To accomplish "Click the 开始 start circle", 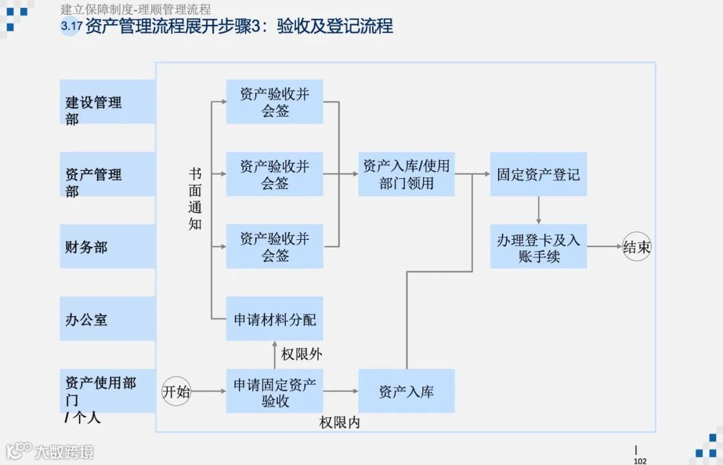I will [x=177, y=391].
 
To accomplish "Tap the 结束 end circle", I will [x=637, y=247].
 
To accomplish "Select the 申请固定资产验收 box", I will [x=274, y=391].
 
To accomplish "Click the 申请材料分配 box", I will [x=274, y=319].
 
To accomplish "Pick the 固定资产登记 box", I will [x=538, y=174].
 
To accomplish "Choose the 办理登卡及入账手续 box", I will [x=538, y=247].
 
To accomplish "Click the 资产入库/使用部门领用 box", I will [x=406, y=174].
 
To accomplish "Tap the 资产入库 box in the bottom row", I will [x=406, y=391].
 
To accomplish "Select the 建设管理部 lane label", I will [x=94, y=109].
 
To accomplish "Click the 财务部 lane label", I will [x=86, y=247].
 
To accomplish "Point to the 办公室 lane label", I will [x=86, y=319].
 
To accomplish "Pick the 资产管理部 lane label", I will [x=94, y=182].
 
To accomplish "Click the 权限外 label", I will [x=301, y=354].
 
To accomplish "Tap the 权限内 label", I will [x=339, y=423].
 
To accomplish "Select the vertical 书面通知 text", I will [x=195, y=199].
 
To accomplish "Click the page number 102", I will [x=640, y=460].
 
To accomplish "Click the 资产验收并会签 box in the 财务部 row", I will [x=274, y=247].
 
